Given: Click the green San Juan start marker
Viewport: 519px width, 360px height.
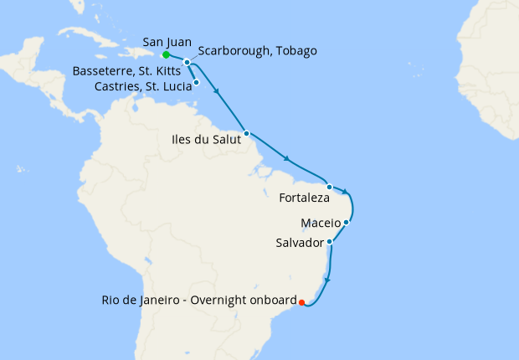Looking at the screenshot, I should pyautogui.click(x=166, y=55).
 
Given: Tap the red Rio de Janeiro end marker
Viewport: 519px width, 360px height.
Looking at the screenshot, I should pyautogui.click(x=301, y=302).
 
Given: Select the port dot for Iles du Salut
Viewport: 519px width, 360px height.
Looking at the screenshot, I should pyautogui.click(x=246, y=133).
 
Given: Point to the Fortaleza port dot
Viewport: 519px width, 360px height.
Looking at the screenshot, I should pyautogui.click(x=330, y=187).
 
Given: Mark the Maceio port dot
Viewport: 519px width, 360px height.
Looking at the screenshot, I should pyautogui.click(x=346, y=223).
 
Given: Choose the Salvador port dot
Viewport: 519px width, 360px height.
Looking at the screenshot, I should pyautogui.click(x=331, y=242).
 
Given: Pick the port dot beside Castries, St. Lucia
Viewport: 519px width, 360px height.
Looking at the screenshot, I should pyautogui.click(x=196, y=82).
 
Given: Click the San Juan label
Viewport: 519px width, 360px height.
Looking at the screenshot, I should pyautogui.click(x=167, y=41).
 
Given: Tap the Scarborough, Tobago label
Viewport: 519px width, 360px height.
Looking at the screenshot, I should pyautogui.click(x=258, y=51).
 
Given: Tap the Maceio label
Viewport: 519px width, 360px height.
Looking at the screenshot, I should pyautogui.click(x=320, y=223).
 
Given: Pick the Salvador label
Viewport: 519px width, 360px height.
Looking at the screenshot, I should pyautogui.click(x=299, y=243).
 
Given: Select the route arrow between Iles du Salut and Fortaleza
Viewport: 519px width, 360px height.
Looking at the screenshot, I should pyautogui.click(x=288, y=159).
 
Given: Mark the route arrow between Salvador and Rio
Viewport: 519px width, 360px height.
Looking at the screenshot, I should pyautogui.click(x=327, y=280).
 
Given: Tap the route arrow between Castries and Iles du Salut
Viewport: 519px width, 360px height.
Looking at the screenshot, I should pyautogui.click(x=218, y=93).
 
